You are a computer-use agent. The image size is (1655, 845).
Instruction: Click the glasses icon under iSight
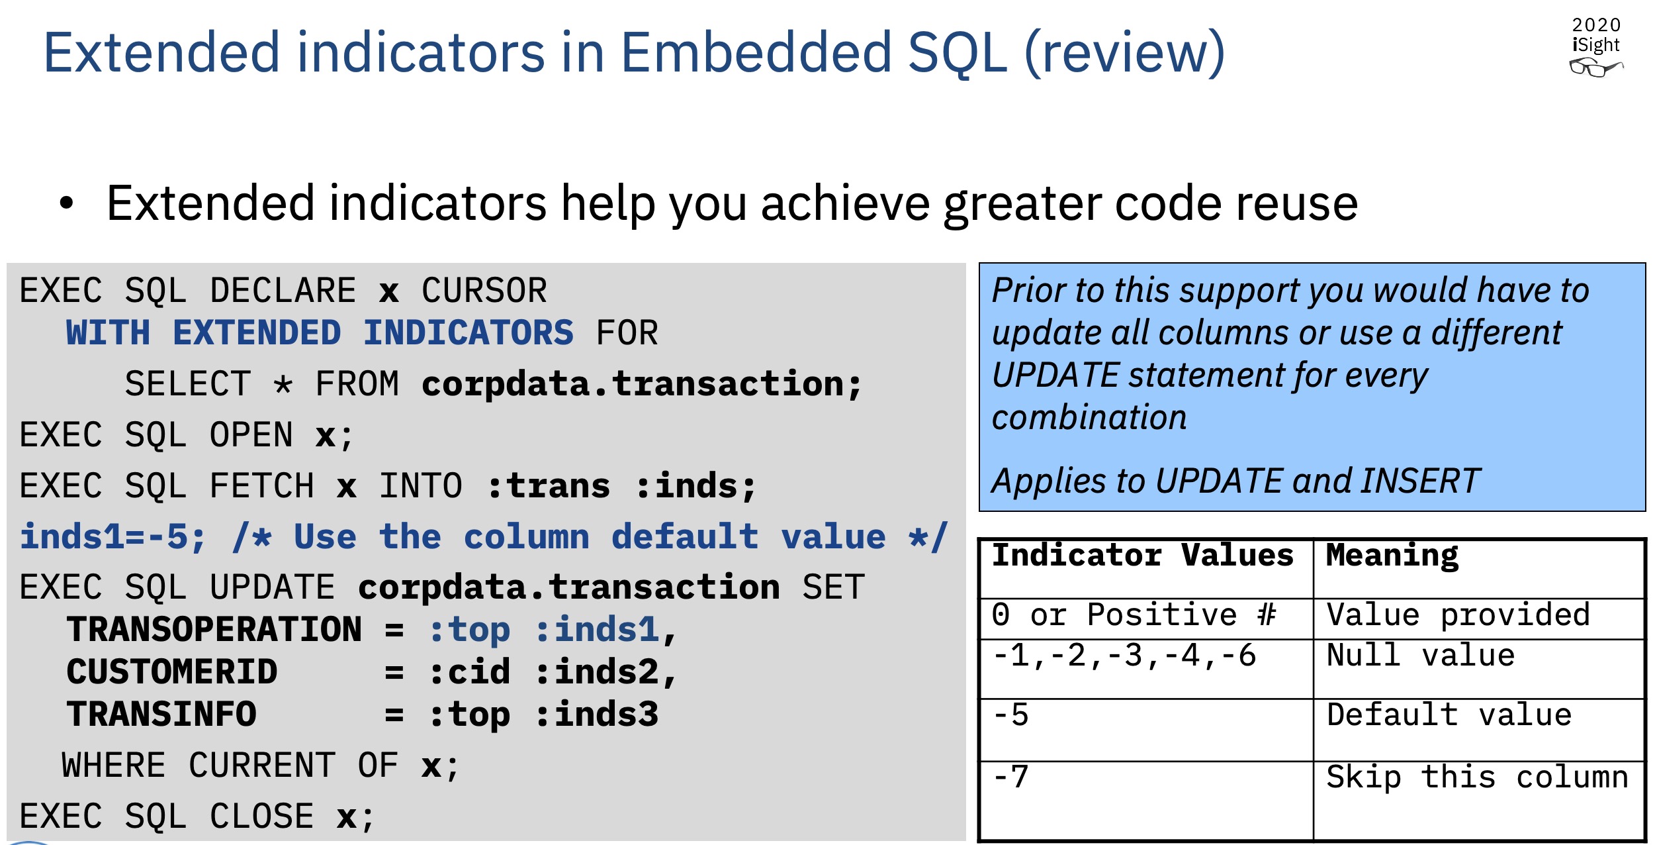[x=1595, y=67]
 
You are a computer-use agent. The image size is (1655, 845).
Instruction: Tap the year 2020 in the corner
[x=1596, y=25]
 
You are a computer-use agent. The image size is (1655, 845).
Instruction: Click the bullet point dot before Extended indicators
[x=66, y=203]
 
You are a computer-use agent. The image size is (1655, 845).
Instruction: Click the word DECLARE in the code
[x=283, y=291]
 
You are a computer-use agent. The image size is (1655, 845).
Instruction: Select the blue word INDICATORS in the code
[x=469, y=332]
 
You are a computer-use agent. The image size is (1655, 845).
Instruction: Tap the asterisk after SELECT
[x=283, y=383]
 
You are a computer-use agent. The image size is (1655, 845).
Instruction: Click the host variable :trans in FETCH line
[x=549, y=486]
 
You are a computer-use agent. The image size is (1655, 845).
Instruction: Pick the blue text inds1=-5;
[x=113, y=537]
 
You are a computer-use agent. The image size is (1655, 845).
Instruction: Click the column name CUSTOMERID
[x=172, y=672]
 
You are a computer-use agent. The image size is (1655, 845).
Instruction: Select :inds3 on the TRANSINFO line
[x=597, y=715]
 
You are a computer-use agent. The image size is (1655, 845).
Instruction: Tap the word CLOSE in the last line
[x=262, y=817]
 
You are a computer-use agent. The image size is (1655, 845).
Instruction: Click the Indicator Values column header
[x=1143, y=555]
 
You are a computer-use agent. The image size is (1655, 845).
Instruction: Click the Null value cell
[x=1479, y=669]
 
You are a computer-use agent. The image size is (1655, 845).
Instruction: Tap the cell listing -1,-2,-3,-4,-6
[x=1146, y=669]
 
